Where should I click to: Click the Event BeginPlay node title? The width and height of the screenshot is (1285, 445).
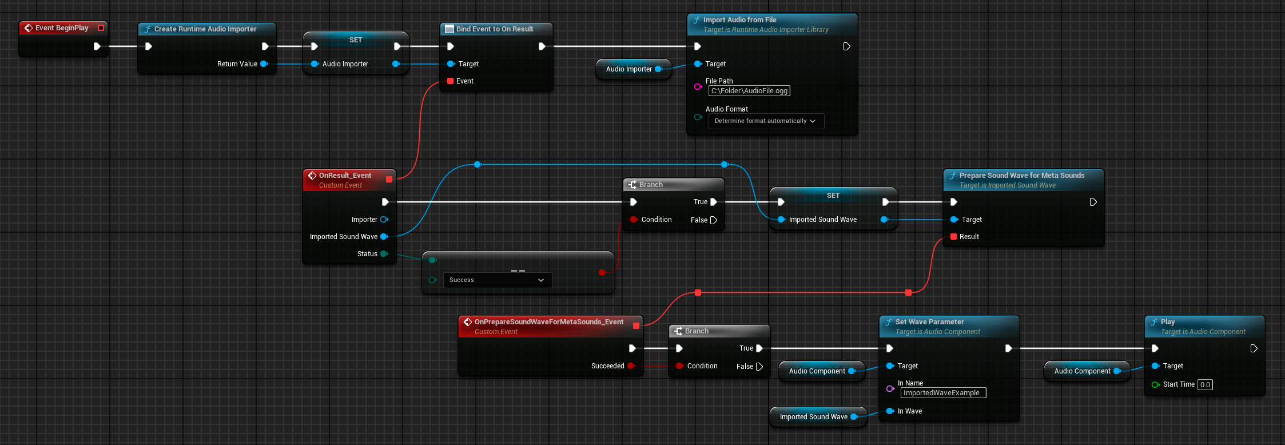[x=62, y=28]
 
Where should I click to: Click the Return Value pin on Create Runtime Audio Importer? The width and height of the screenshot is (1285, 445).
[x=264, y=64]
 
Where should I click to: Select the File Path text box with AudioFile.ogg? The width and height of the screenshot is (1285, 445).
[x=749, y=91]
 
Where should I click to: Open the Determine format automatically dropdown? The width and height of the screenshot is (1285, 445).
[x=766, y=121]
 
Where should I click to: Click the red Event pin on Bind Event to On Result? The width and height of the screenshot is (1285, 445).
[x=451, y=81]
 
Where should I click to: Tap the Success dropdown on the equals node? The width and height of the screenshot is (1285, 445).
[x=497, y=280]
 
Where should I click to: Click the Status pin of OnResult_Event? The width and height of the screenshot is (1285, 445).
[x=384, y=254]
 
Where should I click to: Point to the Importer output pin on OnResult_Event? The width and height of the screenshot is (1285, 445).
[x=384, y=220]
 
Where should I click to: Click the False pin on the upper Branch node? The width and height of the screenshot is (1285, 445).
[x=713, y=220]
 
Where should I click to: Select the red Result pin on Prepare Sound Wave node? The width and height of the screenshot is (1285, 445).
[x=953, y=237]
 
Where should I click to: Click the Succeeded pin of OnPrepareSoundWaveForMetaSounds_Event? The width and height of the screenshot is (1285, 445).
[x=631, y=366]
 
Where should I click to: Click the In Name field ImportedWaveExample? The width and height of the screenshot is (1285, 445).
[x=943, y=393]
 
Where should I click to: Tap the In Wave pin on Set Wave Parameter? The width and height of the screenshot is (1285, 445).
[x=890, y=411]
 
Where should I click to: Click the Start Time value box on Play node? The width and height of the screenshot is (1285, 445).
[x=1205, y=385]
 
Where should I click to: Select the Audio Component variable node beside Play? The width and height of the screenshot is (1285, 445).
[x=1083, y=371]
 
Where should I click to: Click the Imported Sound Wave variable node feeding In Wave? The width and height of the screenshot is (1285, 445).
[x=814, y=417]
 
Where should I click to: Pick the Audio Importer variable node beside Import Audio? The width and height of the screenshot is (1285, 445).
[x=629, y=69]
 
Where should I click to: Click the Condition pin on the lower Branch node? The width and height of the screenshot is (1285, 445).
[x=679, y=366]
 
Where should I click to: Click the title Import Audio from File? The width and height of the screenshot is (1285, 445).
[x=739, y=20]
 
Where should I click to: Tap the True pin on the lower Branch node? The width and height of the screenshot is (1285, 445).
[x=759, y=348]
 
